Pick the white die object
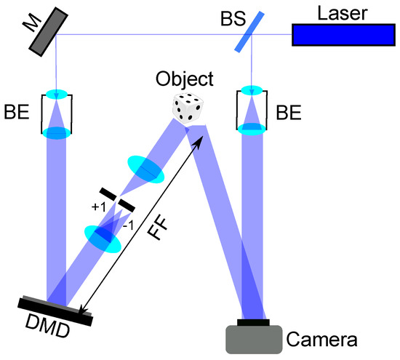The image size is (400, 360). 186,108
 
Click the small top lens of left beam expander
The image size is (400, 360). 56,94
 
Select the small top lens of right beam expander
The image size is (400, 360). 252,92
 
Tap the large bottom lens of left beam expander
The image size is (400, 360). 55,133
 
